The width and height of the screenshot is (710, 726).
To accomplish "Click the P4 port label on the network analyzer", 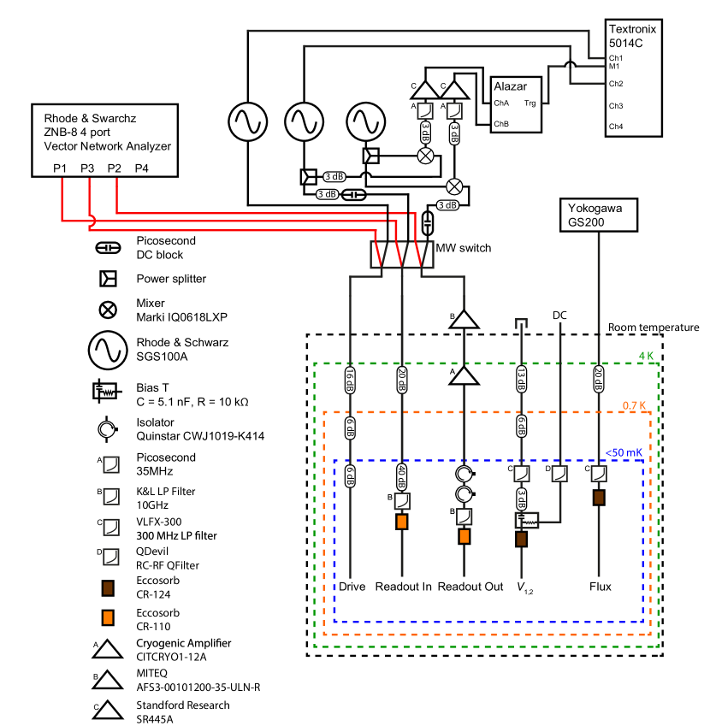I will point(142,168).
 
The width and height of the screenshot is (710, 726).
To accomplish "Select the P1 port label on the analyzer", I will point(60,168).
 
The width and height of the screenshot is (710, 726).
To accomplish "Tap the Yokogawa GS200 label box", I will point(589,215).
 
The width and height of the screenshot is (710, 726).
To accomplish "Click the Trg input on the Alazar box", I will point(530,103).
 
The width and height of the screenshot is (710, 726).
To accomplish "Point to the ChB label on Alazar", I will point(501,123).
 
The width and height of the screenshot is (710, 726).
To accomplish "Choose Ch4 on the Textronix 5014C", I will point(616,127).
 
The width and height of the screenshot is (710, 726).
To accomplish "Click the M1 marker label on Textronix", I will point(614,66).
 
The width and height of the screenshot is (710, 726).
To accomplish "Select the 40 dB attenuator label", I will point(402,476).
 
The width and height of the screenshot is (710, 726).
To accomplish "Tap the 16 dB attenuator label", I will point(350,380).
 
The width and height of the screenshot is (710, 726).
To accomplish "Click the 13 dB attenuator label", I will point(521,379).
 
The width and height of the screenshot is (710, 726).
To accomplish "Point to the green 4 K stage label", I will point(647,356).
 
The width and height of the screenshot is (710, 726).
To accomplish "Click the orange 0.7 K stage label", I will point(634,405).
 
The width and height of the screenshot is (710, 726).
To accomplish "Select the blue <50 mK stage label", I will point(623,452).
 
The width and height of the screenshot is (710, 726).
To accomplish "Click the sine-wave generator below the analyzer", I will point(108,351).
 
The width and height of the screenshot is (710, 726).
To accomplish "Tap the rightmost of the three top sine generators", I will point(365,121).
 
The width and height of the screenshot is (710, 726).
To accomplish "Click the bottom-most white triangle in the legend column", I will point(108,711).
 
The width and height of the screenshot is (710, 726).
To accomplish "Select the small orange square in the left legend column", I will point(108,617).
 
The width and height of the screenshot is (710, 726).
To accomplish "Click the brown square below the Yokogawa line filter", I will point(599,498).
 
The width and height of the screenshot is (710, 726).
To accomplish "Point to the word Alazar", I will point(510,86).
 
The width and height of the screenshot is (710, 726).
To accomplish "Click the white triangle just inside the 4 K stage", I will point(464,376).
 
